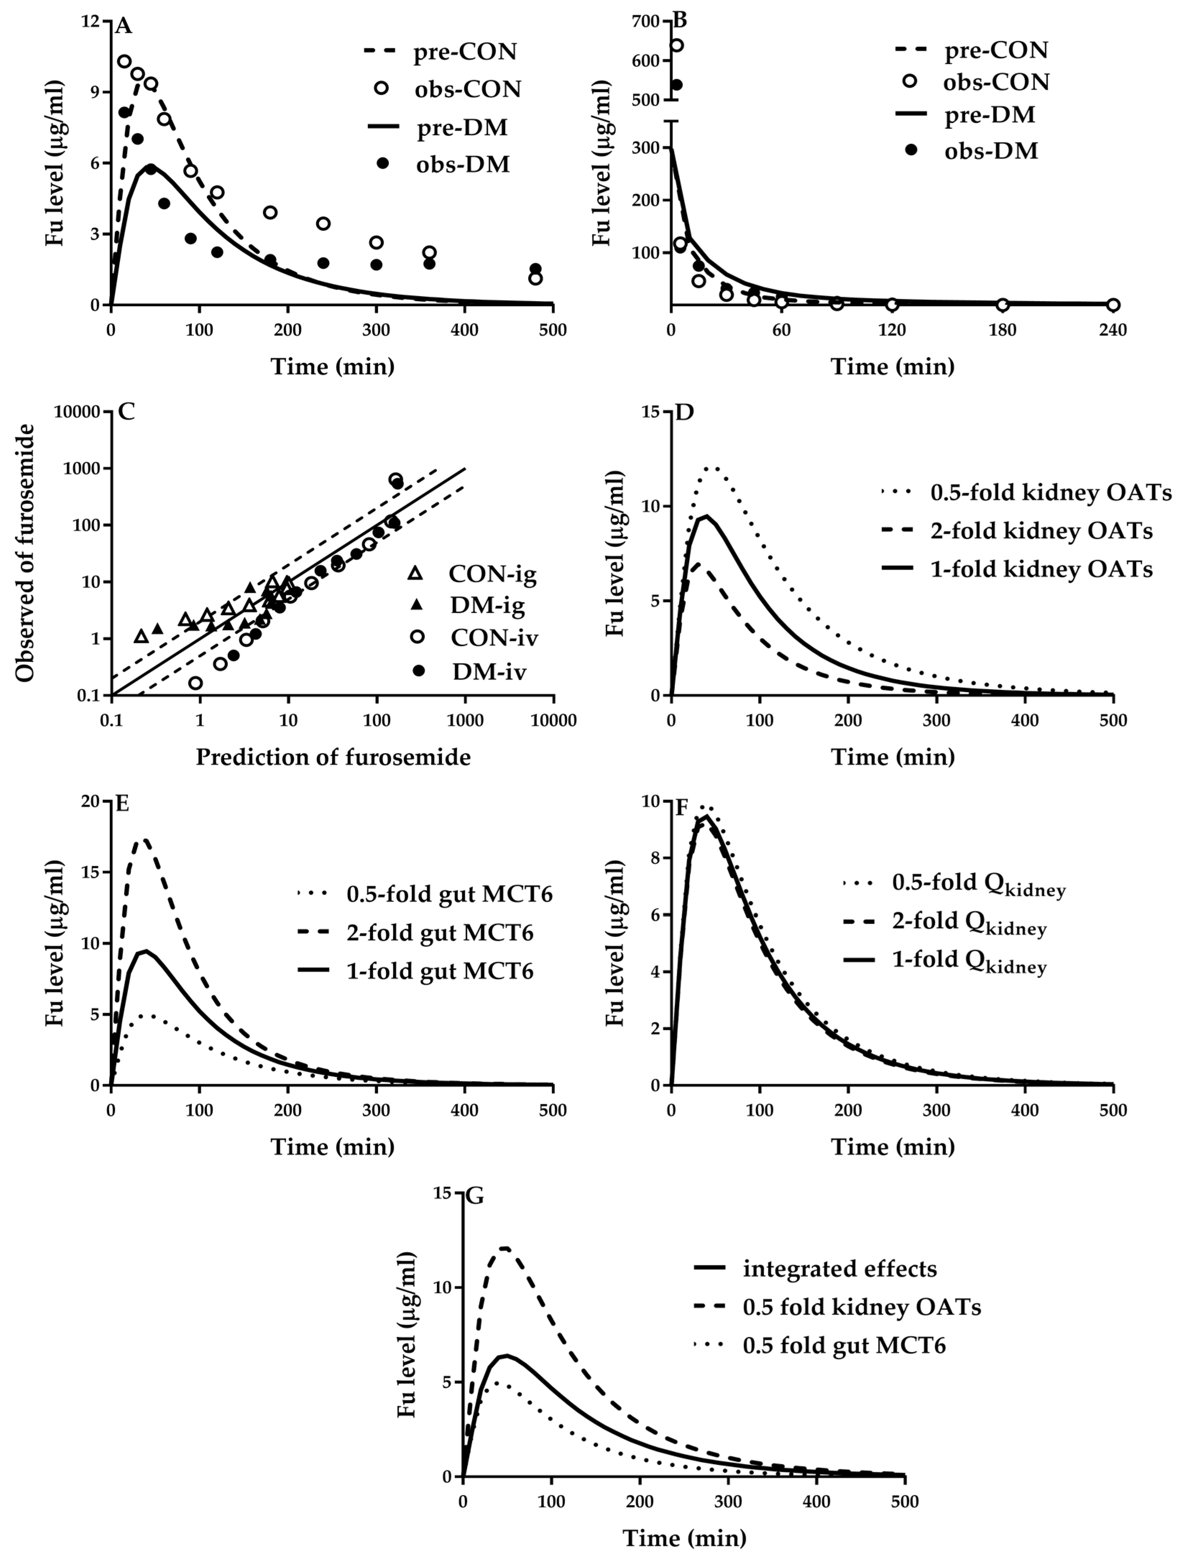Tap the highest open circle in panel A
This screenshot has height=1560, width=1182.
click(124, 61)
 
